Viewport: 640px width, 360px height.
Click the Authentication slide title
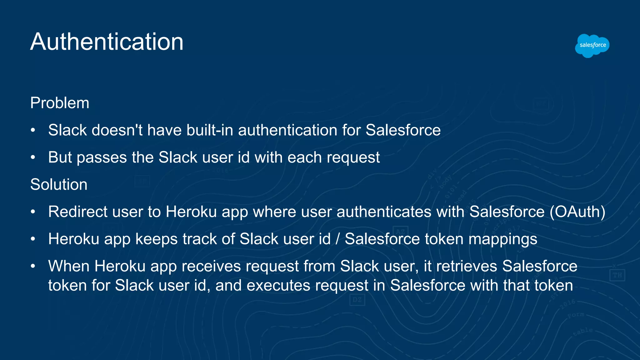[107, 42]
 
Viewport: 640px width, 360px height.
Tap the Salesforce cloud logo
[592, 45]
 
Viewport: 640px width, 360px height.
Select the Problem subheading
[60, 103]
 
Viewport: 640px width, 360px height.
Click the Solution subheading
[59, 185]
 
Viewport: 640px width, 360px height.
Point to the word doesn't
[117, 130]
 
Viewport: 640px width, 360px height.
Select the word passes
[102, 157]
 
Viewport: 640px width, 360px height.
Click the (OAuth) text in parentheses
[577, 212]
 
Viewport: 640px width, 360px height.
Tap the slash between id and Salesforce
[337, 239]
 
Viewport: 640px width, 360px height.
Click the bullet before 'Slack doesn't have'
[33, 130]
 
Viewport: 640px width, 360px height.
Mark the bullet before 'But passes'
[33, 157]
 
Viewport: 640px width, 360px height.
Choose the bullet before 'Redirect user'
[33, 212]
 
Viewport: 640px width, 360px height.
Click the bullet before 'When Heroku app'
[33, 266]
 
